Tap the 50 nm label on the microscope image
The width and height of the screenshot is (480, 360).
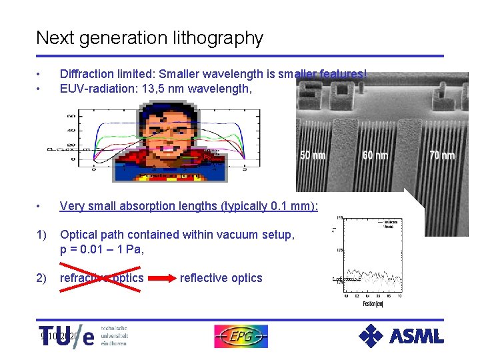[313, 155]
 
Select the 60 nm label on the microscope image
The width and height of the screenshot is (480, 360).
[376, 155]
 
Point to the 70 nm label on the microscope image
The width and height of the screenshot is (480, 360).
[441, 155]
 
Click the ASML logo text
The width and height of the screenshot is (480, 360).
[417, 335]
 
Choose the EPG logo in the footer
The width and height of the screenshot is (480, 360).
[241, 336]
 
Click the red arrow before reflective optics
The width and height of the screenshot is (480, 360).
[161, 278]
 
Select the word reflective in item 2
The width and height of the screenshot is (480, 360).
[203, 278]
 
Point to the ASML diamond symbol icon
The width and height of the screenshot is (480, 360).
[371, 336]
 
